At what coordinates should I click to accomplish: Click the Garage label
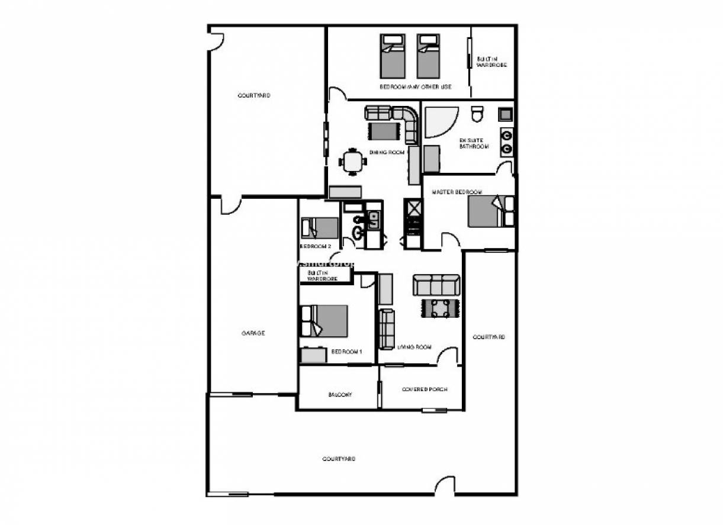[x=253, y=333]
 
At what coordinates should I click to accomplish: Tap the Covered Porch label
[x=424, y=389]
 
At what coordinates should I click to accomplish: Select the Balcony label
[x=340, y=395]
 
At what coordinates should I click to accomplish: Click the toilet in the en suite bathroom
[x=477, y=112]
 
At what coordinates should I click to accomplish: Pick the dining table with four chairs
[x=353, y=161]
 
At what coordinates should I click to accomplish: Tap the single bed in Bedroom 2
[x=320, y=227]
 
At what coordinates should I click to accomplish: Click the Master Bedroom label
[x=457, y=192]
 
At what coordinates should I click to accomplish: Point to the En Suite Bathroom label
[x=474, y=143]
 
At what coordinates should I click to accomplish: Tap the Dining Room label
[x=387, y=153]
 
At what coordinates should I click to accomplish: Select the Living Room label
[x=414, y=347]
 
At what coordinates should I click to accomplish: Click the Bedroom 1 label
[x=346, y=352]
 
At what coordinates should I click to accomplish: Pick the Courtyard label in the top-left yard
[x=254, y=95]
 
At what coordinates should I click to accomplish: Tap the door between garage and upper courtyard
[x=230, y=205]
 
